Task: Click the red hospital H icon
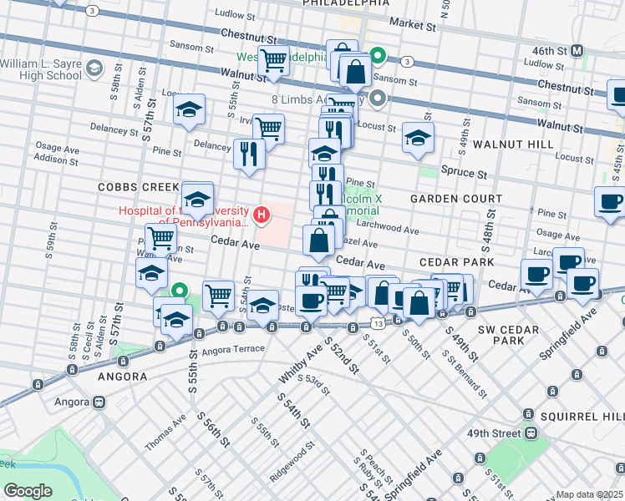pos(262,216)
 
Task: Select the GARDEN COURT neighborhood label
pos(456,199)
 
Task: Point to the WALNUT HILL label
pos(512,144)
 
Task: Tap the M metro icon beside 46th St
pos(577,51)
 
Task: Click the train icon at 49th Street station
pos(529,433)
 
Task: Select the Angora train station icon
pos(99,401)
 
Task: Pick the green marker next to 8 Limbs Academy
pos(378,99)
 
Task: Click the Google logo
pos(28,491)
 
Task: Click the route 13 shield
pos(379,321)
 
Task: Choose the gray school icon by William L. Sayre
pos(94,67)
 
